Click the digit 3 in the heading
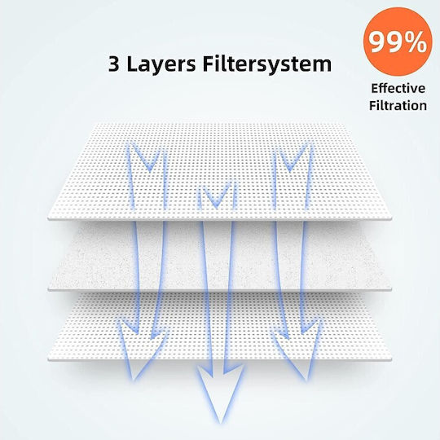pos(113,64)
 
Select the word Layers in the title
pos(161,65)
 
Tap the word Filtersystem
pos(267,65)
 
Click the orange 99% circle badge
pos(398,42)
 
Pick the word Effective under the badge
pos(398,88)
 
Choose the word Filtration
pos(398,105)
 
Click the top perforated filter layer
pos(220,171)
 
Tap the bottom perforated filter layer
pos(220,327)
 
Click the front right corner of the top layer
pos(391,218)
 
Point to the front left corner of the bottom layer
pos(48,359)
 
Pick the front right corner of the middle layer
pos(391,288)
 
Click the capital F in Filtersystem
pos(209,64)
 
